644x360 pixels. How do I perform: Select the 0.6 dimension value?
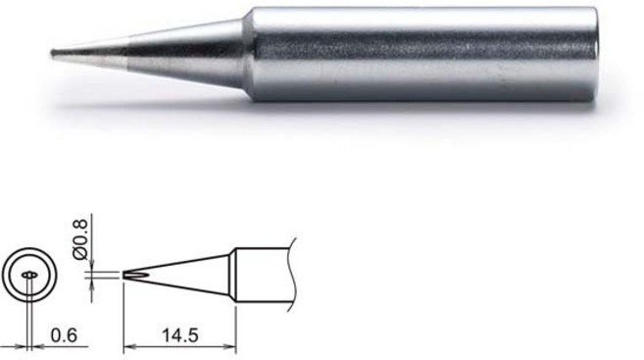(62, 334)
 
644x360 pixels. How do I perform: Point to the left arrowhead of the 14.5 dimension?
(127, 344)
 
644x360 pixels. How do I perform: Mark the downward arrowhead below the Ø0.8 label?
(89, 264)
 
